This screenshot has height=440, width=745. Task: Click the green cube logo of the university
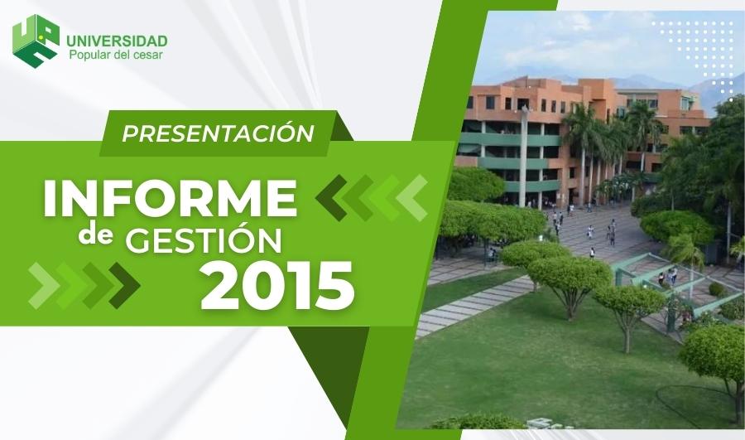36,40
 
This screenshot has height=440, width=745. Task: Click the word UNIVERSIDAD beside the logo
117,41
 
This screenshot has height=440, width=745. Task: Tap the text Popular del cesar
116,55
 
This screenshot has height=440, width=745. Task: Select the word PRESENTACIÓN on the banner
218,133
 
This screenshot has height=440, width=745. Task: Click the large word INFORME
171,198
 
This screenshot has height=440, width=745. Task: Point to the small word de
96,235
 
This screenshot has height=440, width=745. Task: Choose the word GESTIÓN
204,240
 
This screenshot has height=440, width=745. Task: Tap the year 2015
278,285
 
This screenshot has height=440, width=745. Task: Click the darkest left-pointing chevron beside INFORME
332,198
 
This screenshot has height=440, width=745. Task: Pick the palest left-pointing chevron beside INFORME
412,198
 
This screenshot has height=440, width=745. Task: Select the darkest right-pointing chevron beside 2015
124,285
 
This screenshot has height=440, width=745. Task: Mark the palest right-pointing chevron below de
44,285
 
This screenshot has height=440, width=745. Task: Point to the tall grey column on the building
524,157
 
